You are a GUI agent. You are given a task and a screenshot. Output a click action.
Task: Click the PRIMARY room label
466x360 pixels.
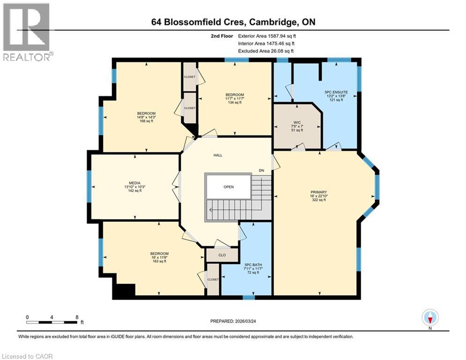tap(318, 192)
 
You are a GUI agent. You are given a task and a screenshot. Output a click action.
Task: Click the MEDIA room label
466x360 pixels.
tap(135, 183)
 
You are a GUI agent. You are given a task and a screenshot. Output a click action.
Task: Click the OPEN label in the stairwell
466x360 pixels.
tap(228, 187)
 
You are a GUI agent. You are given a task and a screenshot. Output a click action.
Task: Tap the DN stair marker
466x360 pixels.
tap(262, 171)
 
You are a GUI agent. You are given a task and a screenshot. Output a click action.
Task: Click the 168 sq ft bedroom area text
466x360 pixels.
tap(146, 121)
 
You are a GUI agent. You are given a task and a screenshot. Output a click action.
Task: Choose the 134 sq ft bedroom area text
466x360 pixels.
tap(235, 103)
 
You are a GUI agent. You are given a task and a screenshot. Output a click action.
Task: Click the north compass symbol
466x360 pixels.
tap(429, 318)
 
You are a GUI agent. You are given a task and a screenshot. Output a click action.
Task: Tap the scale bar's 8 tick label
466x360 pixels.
tap(76, 317)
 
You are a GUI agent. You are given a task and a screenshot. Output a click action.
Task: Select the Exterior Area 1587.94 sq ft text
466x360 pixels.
tap(267, 35)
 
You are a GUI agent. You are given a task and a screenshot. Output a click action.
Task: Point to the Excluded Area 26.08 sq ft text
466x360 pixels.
tap(266, 51)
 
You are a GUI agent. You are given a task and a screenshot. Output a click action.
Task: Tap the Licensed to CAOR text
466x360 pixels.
tap(27, 356)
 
